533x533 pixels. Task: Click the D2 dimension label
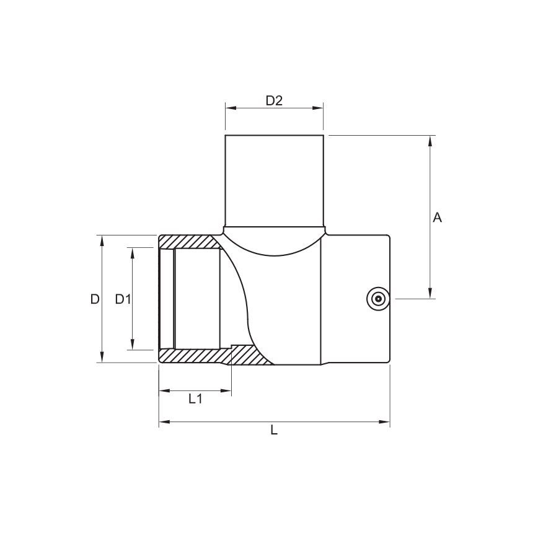[x=274, y=100]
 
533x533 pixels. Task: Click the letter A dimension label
[x=437, y=218]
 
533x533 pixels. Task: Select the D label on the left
[x=94, y=299]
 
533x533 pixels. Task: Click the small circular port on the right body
[x=377, y=298]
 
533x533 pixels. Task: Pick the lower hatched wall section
[x=211, y=356]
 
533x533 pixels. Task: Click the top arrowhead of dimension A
[x=429, y=140]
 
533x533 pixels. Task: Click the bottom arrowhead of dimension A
[x=429, y=293]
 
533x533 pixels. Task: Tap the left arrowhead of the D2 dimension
[x=230, y=108]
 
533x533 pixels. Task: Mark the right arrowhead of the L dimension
[x=385, y=422]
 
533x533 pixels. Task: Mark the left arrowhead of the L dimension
[x=164, y=422]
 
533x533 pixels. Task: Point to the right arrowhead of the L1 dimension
[x=227, y=390]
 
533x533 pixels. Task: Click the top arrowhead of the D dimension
[x=102, y=240]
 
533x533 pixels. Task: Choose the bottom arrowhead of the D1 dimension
[x=132, y=345]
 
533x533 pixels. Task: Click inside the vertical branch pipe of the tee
[x=274, y=180]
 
